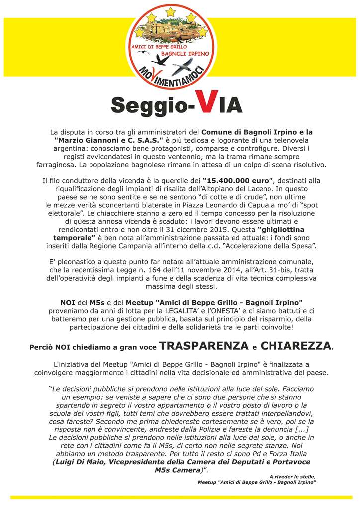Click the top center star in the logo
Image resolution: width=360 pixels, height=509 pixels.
coord(171,10)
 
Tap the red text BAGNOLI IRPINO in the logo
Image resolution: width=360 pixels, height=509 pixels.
coord(190,52)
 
